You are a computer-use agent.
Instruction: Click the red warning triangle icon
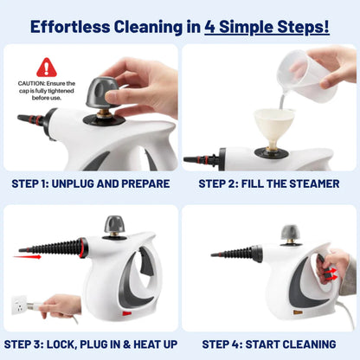tap(46, 67)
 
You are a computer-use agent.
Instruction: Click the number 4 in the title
tap(212, 26)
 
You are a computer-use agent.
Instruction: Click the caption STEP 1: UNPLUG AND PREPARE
tap(90, 183)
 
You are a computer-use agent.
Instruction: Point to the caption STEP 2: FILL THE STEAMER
tap(268, 183)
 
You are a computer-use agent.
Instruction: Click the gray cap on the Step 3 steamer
tap(115, 225)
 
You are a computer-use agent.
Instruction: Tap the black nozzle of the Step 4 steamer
tap(233, 254)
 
